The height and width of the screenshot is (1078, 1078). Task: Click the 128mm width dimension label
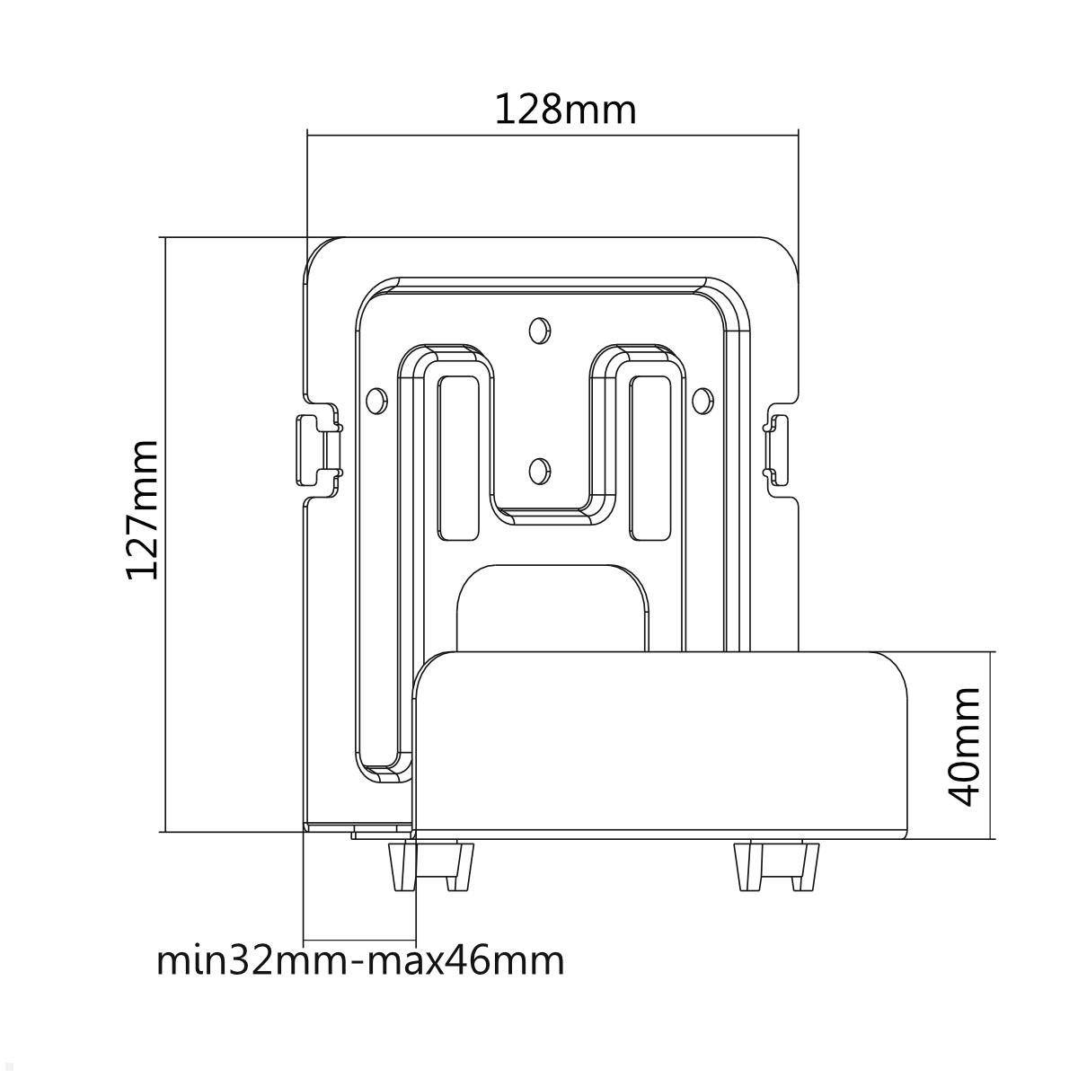pos(565,110)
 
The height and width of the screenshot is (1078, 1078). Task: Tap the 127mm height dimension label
pos(142,509)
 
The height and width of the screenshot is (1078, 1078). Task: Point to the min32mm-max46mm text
pos(360,960)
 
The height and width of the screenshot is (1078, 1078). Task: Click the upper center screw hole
pos(537,330)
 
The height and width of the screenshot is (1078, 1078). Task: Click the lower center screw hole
pos(537,468)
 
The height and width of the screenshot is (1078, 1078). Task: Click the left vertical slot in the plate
pos(458,458)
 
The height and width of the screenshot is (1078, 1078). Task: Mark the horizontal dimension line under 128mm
pos(552,136)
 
